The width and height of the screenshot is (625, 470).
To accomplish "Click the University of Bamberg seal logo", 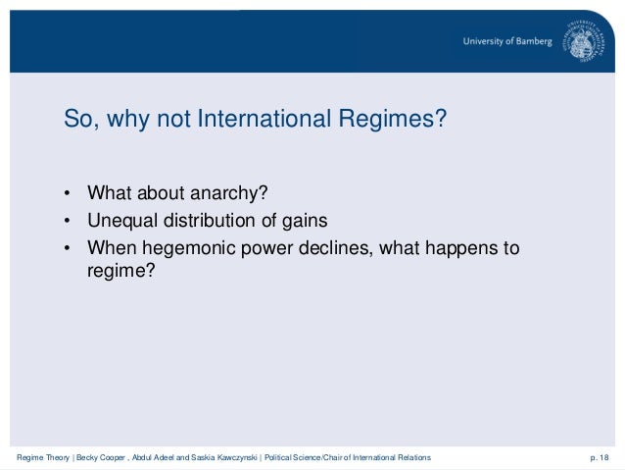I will click(x=584, y=41).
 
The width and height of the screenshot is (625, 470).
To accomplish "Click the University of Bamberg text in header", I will click(x=508, y=41).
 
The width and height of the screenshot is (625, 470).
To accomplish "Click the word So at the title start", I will click(x=77, y=120).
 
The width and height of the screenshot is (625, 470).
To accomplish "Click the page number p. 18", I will click(x=598, y=458).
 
